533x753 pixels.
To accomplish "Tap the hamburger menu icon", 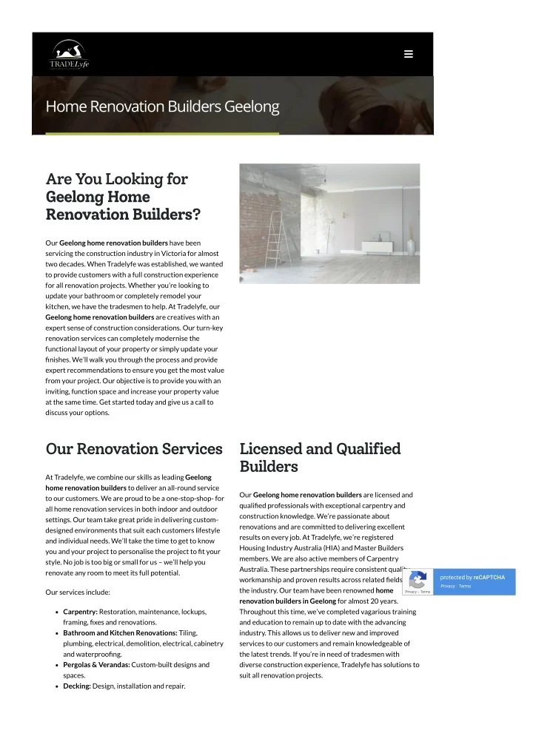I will click(x=409, y=54).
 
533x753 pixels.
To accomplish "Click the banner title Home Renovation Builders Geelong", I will click(x=162, y=107).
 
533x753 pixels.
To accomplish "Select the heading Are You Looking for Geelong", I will click(x=116, y=189).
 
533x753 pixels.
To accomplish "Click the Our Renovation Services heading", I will click(x=134, y=449).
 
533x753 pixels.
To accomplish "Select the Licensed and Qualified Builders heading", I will click(x=320, y=457).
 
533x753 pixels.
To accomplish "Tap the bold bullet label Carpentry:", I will click(x=81, y=612).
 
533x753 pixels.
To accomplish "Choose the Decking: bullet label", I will click(x=77, y=686).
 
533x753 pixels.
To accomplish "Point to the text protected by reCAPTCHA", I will click(x=472, y=577).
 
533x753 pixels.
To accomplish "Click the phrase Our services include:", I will click(x=78, y=592).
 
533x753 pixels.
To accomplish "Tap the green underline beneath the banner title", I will click(x=162, y=134).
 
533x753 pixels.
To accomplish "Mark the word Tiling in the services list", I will click(x=188, y=633).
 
